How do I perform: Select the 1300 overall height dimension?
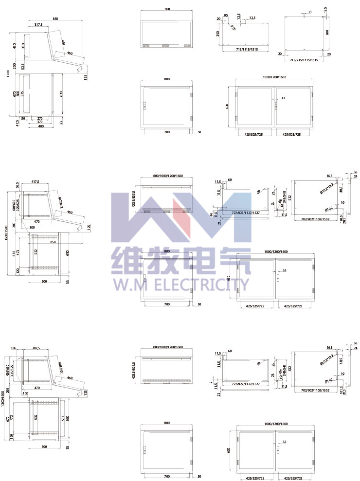click(x=8, y=74)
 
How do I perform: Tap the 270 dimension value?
click(x=40, y=118)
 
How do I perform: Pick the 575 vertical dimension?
click(x=22, y=93)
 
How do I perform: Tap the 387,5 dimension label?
click(x=36, y=348)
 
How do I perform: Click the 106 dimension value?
click(x=13, y=348)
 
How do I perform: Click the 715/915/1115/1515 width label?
click(x=304, y=60)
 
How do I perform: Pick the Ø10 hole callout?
click(x=233, y=28)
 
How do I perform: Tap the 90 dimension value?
click(x=226, y=16)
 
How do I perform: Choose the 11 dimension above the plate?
click(x=310, y=11)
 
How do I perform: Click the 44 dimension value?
click(x=212, y=214)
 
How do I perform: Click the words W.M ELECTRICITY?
click(x=180, y=284)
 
